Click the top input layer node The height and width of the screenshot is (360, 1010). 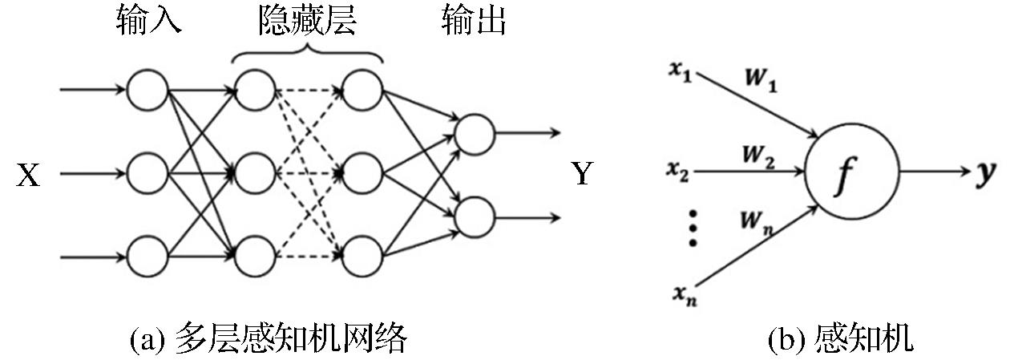tap(147, 89)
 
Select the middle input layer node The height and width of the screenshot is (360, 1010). tap(147, 172)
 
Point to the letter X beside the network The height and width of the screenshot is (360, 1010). tap(29, 175)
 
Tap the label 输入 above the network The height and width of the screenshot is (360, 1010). tap(148, 22)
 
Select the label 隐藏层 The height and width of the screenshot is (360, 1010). tap(307, 22)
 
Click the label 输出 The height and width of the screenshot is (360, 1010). tap(474, 22)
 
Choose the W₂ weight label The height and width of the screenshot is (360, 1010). tap(757, 156)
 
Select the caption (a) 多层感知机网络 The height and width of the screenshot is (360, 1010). tap(268, 340)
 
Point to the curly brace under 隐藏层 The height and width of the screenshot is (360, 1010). tap(307, 52)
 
